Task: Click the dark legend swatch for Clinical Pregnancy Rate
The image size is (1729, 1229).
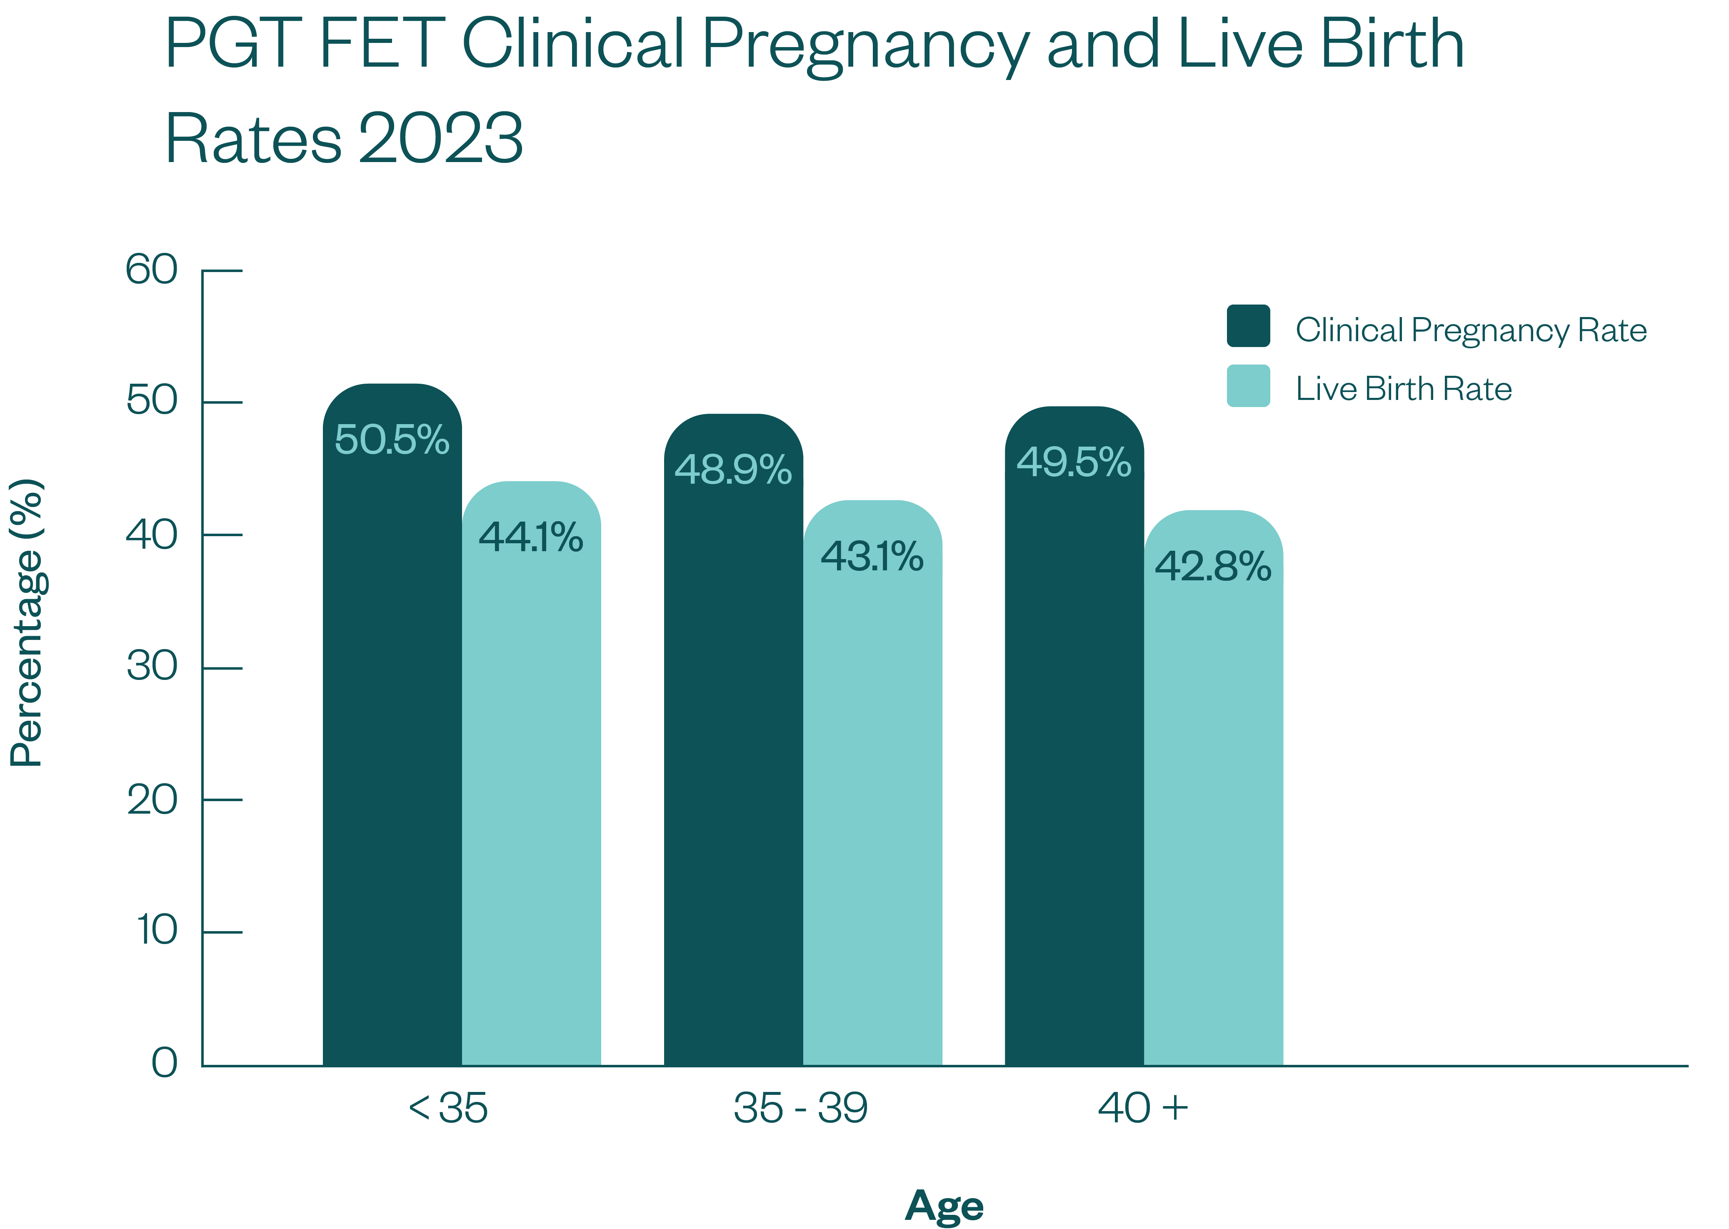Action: tap(1248, 326)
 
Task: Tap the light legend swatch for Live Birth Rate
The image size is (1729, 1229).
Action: tap(1248, 386)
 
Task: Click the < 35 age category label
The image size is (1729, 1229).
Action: tap(448, 1109)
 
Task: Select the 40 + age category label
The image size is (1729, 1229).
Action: tap(1142, 1109)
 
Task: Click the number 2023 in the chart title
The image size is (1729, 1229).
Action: tap(440, 138)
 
